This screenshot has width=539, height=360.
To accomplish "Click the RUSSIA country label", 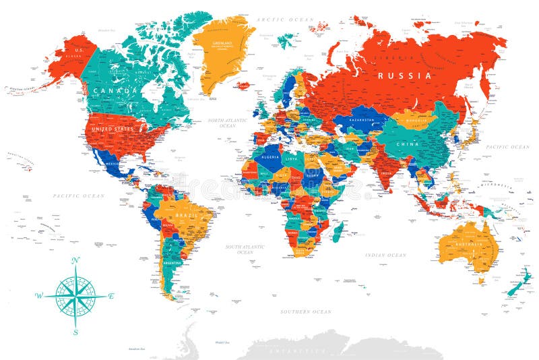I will pyautogui.click(x=404, y=76).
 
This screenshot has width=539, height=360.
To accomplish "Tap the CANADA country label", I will pyautogui.click(x=116, y=90).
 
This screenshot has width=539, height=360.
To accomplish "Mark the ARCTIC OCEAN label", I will pyautogui.click(x=280, y=20).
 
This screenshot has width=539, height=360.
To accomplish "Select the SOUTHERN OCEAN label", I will pyautogui.click(x=306, y=311).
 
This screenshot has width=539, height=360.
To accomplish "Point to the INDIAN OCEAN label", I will pyautogui.click(x=385, y=256).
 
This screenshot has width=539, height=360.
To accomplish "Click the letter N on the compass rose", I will pyautogui.click(x=75, y=260).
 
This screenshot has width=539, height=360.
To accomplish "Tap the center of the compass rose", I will pyautogui.click(x=75, y=296).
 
